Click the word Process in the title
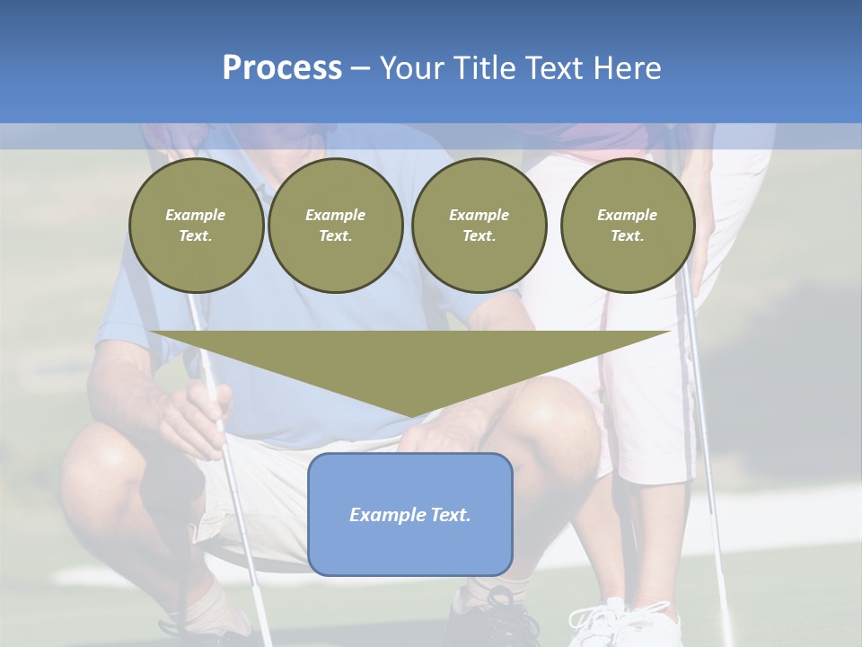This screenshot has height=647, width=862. pos(282,68)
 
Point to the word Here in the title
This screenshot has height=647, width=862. pos(626,68)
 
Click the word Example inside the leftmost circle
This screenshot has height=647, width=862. pos(196,215)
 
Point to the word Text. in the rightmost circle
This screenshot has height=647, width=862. pos(628,236)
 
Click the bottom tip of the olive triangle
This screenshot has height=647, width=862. pos(410,414)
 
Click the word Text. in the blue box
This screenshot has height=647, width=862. pos(451,515)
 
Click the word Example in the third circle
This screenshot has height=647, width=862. pos(479,215)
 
